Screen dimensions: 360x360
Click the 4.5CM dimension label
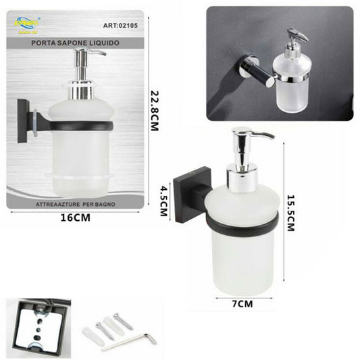[x=163, y=201]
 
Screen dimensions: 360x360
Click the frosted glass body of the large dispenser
[x=243, y=260]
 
